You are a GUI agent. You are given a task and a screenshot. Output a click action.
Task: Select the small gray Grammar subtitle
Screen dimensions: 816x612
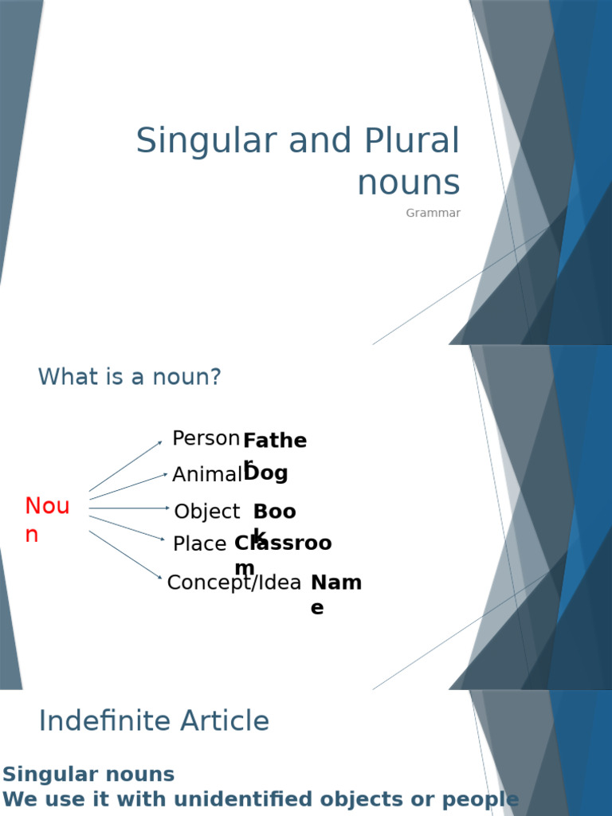[x=433, y=213]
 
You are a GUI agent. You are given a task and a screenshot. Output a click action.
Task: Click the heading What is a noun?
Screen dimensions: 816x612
[x=129, y=377]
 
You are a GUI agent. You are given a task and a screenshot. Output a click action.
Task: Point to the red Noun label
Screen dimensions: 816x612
[x=47, y=520]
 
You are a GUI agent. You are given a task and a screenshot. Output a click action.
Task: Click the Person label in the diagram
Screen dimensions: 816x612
[x=206, y=438]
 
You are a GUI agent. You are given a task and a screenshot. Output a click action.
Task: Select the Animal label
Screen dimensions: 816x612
[x=206, y=475]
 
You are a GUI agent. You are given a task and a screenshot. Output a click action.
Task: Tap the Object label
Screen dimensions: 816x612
[x=206, y=512]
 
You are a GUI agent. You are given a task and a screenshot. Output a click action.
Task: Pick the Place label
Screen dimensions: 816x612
[x=199, y=544]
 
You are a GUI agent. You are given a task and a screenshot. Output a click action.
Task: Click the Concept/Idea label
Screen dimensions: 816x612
[x=234, y=583]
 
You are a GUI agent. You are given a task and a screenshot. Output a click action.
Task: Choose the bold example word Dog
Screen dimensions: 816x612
[x=266, y=473]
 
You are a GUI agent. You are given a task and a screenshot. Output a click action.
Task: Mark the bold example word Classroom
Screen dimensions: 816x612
[x=282, y=545]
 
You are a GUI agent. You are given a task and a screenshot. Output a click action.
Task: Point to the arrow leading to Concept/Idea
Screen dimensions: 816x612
[x=125, y=555]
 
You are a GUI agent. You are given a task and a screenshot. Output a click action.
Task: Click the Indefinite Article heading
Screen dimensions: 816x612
[x=154, y=721]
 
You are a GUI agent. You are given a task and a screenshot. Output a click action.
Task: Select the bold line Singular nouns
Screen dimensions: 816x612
[x=88, y=775]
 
